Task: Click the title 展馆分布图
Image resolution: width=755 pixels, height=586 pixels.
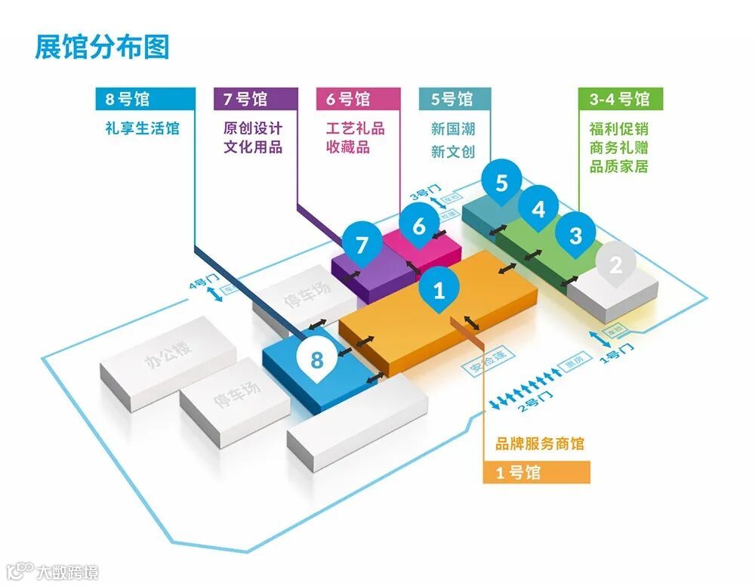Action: [x=102, y=46]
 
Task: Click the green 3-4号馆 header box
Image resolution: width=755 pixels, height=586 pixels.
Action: [x=620, y=99]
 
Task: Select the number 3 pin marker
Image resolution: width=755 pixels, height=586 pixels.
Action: [x=575, y=235]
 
